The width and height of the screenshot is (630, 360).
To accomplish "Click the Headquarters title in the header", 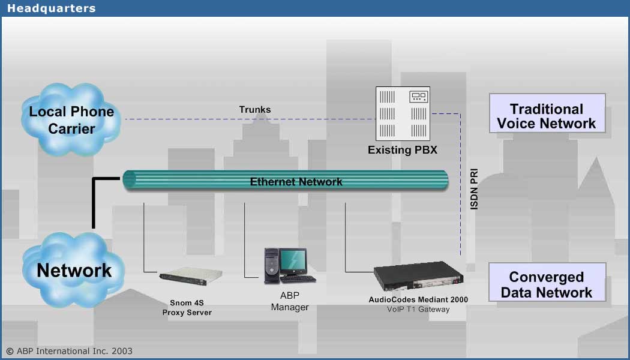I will tap(51, 8).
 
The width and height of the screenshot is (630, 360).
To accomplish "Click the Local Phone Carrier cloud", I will tap(71, 120).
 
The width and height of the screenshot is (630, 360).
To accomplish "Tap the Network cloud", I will tap(74, 271).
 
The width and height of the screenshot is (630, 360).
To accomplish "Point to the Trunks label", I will tap(255, 109).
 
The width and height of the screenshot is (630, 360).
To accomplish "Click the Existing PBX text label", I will tap(403, 150).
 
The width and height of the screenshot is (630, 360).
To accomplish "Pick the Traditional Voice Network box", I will tap(547, 116).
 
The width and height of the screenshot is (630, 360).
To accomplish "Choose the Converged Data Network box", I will tap(547, 285).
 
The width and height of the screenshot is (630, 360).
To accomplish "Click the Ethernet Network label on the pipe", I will tap(296, 182).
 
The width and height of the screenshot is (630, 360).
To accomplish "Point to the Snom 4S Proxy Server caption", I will tap(187, 308).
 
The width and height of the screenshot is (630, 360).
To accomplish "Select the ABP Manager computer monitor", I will tap(293, 262).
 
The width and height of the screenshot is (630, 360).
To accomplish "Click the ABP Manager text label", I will tap(289, 301).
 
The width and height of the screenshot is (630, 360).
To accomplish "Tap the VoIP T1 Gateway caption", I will tap(418, 310).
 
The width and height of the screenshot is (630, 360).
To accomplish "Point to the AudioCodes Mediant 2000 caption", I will tap(418, 299).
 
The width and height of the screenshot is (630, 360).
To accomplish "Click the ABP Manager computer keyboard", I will tap(298, 278).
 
